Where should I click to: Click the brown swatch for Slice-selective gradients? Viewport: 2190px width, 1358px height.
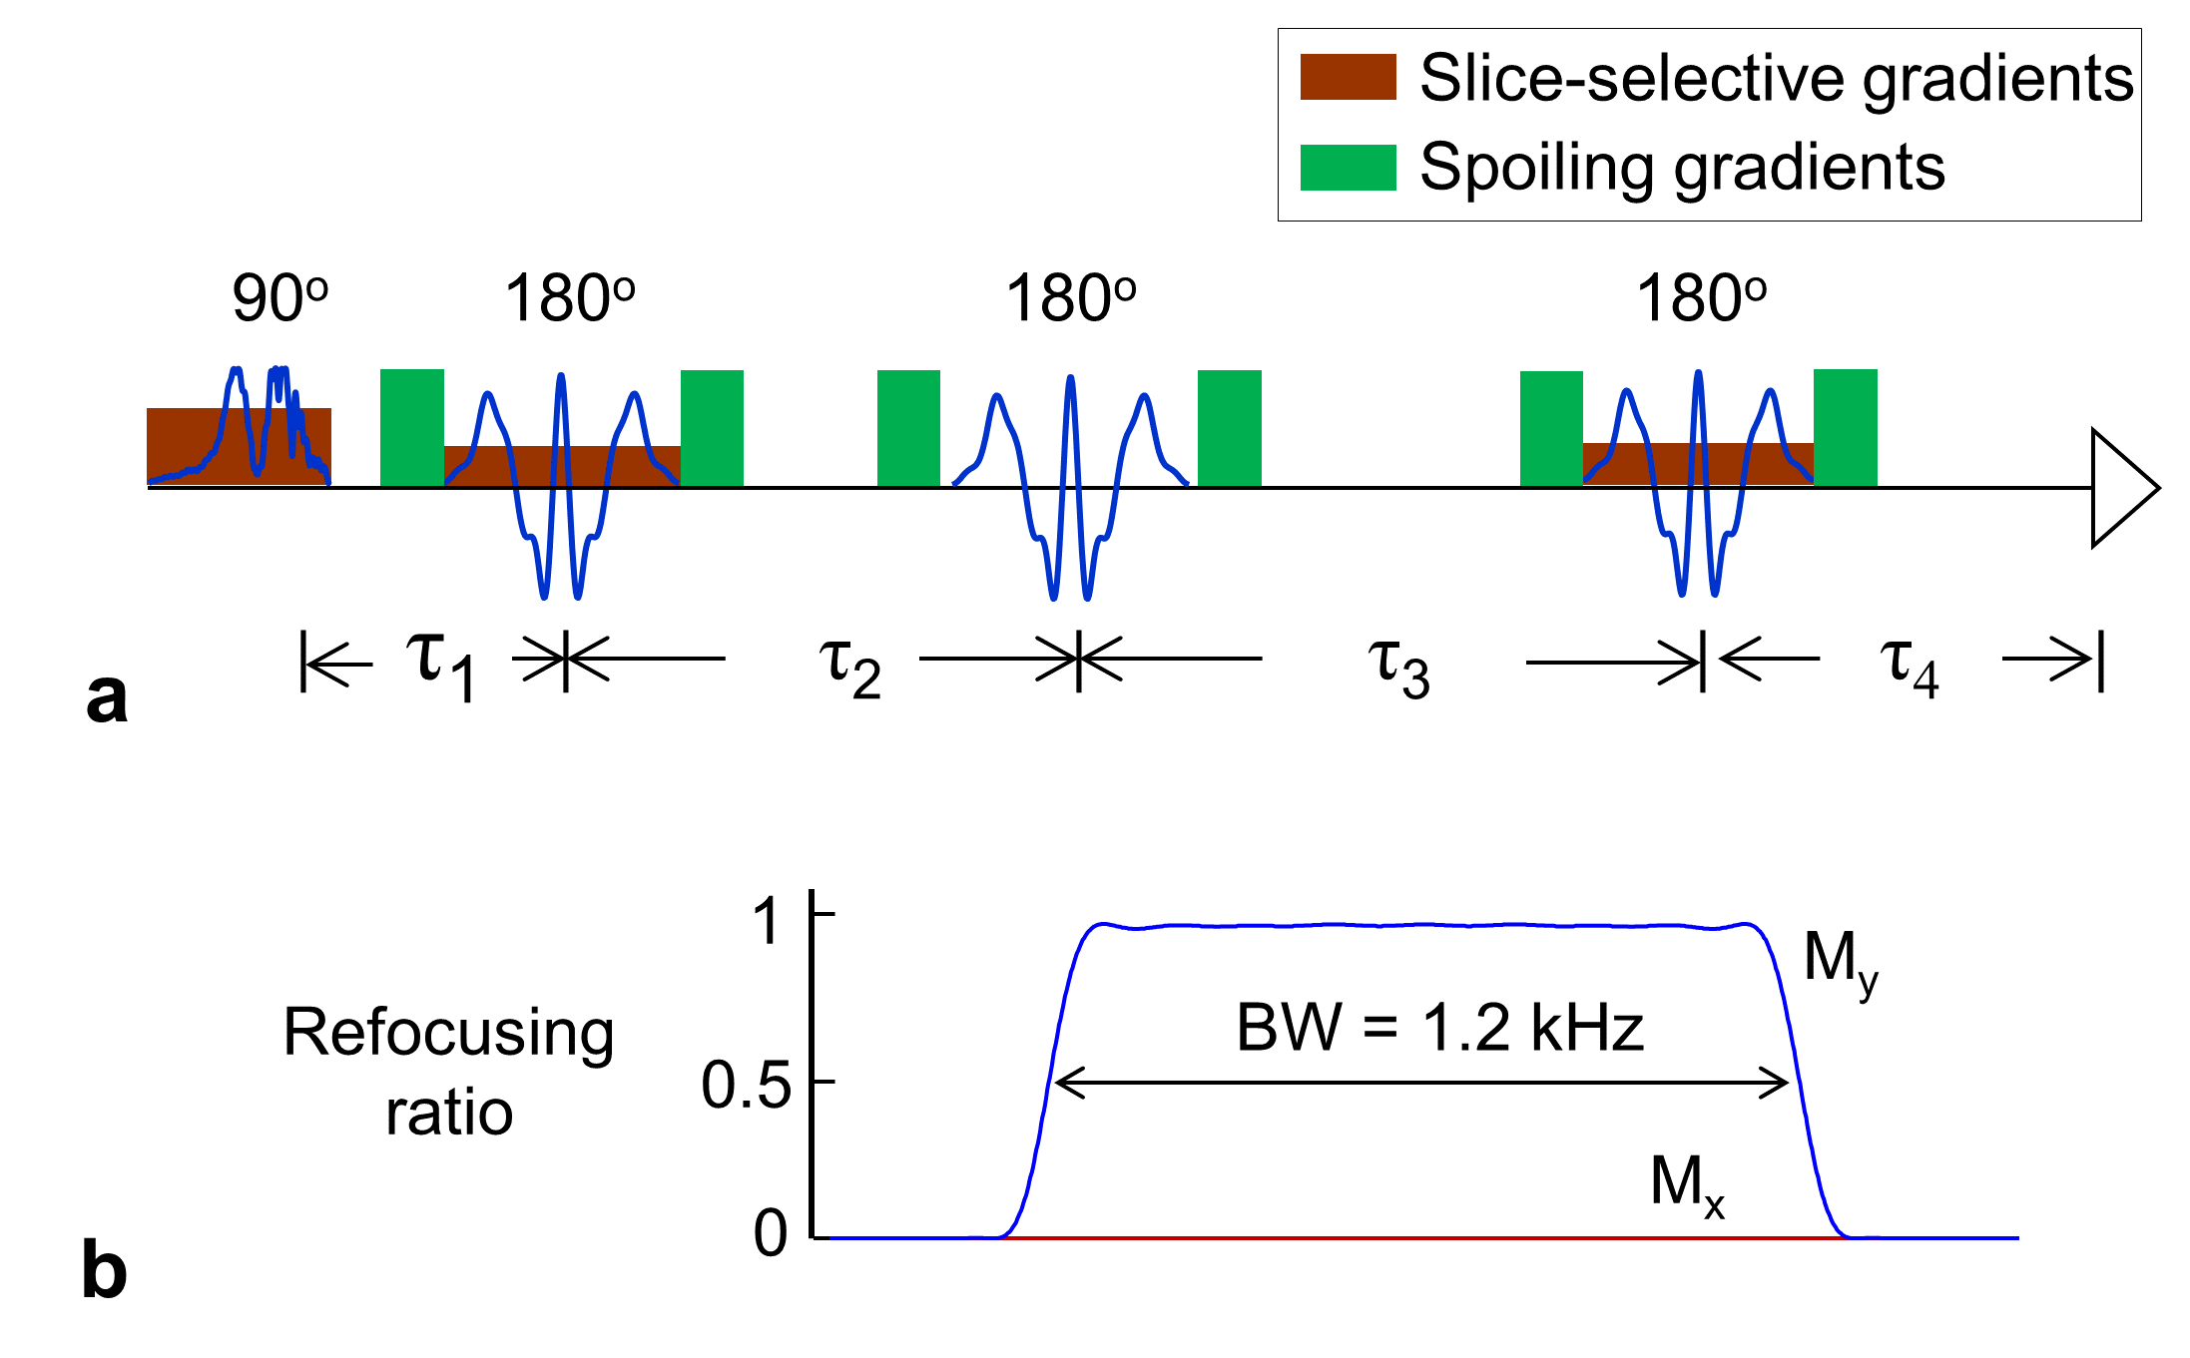(1348, 77)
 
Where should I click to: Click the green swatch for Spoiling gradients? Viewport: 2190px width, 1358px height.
(1348, 167)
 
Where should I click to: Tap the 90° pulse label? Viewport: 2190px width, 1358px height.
(279, 298)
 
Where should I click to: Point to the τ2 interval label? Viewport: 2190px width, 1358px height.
(849, 667)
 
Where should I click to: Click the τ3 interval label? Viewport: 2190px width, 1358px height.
(1398, 667)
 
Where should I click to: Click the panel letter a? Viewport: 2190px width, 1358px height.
(107, 697)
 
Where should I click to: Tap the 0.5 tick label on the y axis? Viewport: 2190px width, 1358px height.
(747, 1085)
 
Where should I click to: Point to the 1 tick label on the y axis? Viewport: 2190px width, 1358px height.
(767, 920)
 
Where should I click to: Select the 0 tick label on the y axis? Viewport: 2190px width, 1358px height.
(771, 1234)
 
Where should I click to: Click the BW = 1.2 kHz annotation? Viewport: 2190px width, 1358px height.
(1439, 1028)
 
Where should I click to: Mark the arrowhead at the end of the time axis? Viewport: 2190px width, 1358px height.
(2121, 488)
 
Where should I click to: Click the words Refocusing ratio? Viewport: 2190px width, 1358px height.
(448, 1071)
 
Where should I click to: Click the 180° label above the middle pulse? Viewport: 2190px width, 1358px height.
(1070, 298)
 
